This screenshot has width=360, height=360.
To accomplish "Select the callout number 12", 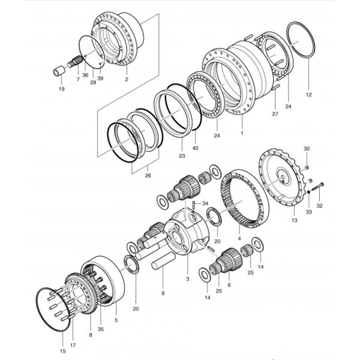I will tap(309, 95).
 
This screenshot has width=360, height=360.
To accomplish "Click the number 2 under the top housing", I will tap(127, 79).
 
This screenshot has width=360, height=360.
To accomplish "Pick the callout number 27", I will tap(275, 113).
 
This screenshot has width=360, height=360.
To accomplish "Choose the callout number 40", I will tap(195, 148).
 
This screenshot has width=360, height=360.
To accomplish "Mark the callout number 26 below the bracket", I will tap(148, 176).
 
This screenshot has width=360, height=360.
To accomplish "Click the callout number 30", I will tap(306, 149).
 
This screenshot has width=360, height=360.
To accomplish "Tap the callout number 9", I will tap(162, 293).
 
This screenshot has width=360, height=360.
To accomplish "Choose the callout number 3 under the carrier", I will tap(188, 280).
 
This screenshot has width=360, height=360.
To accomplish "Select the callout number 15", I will tap(63, 350).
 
